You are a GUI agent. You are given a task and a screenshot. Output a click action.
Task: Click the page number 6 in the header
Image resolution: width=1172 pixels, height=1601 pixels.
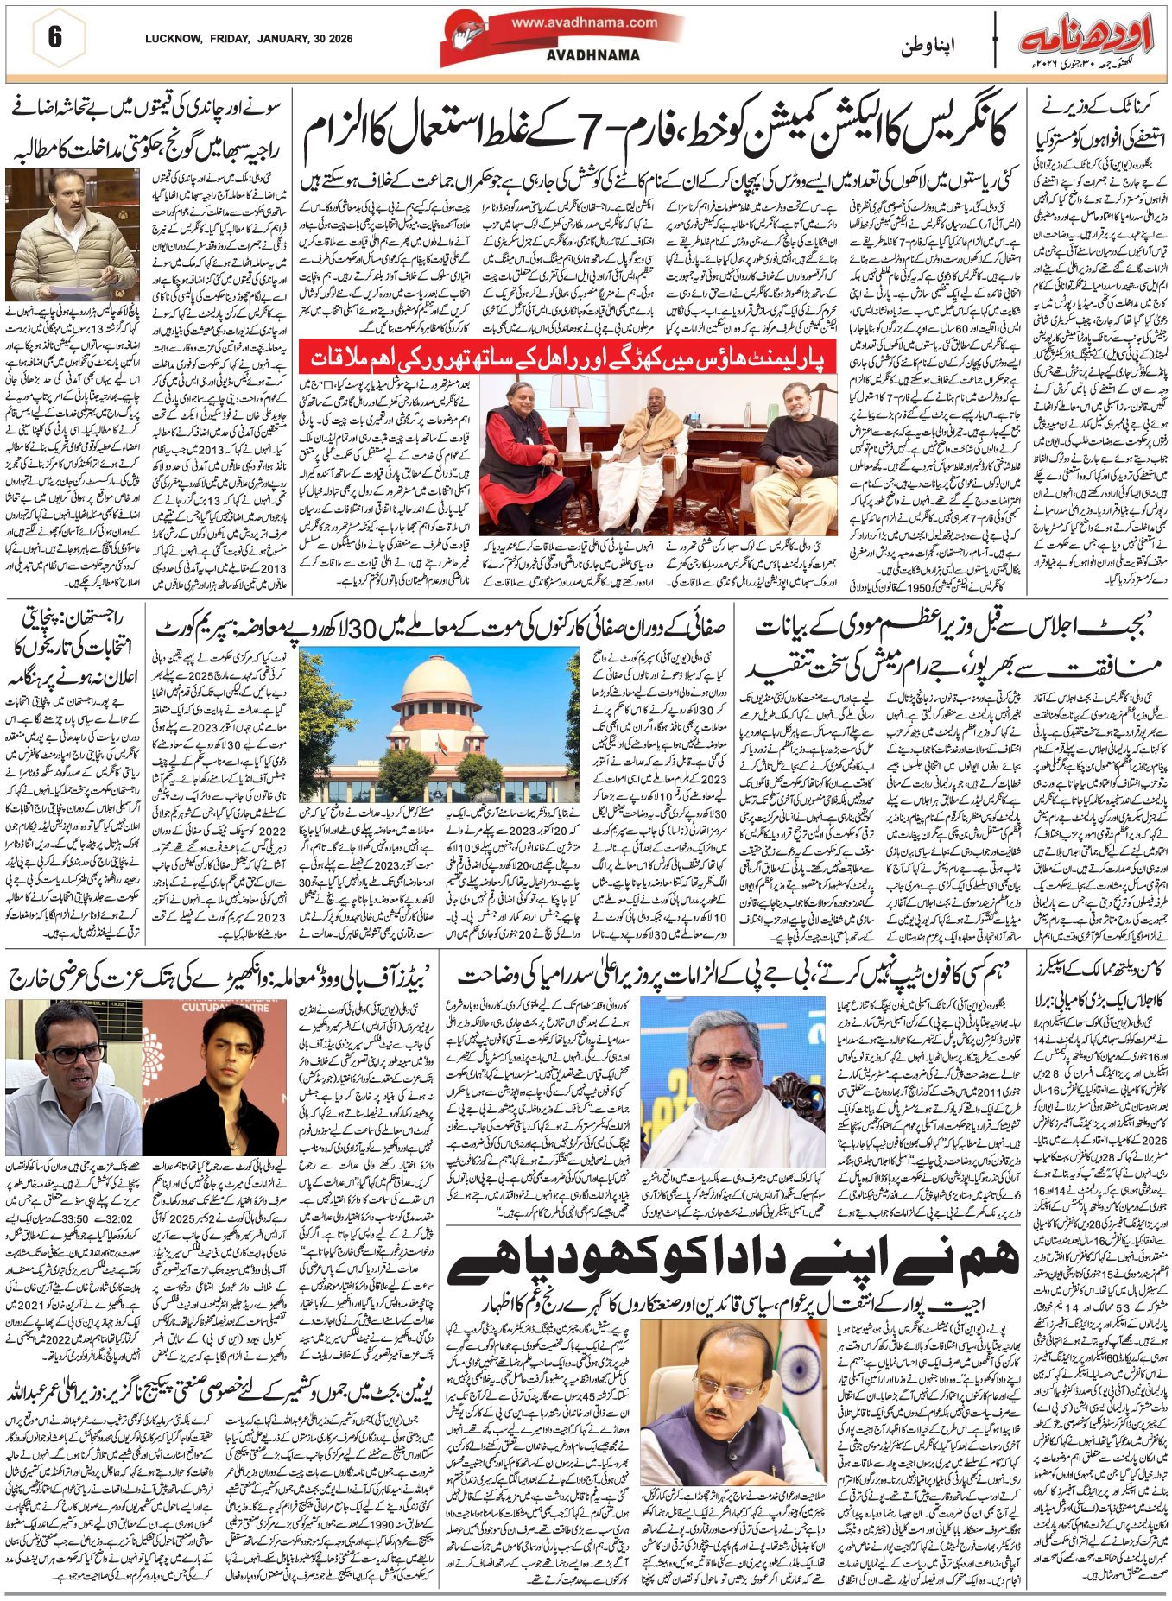(55, 38)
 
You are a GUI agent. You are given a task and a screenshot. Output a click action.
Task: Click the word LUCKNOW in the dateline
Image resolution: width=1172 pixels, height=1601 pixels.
(173, 39)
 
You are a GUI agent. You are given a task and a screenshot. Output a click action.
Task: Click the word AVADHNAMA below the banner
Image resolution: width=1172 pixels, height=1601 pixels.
(593, 55)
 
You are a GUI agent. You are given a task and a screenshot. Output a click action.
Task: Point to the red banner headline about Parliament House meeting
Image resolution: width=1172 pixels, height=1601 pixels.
(567, 356)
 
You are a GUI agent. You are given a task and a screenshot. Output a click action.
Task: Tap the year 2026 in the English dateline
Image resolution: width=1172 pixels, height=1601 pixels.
(338, 39)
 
